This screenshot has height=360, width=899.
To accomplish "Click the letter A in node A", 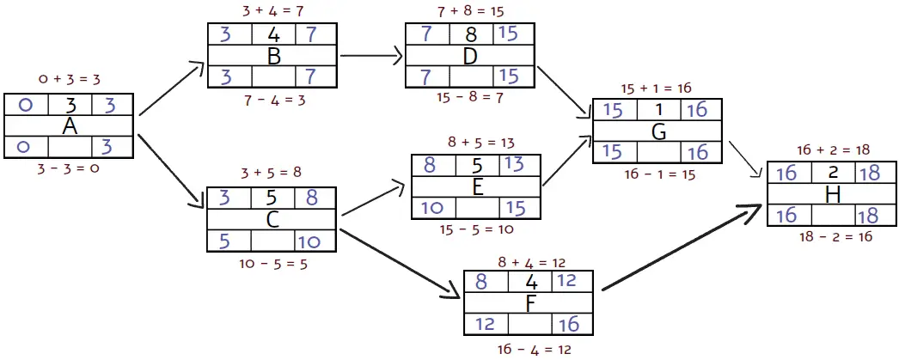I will [x=70, y=126].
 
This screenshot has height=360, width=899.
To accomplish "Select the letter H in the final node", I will [x=832, y=195].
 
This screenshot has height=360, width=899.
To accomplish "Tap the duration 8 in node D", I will [x=469, y=34].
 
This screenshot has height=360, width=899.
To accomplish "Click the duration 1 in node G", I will [x=658, y=110].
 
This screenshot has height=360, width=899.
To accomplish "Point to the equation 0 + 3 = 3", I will [x=70, y=79].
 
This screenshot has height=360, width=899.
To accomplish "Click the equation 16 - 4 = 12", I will [x=533, y=349].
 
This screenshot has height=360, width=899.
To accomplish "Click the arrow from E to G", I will [x=566, y=160].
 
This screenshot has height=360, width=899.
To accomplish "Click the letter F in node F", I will [x=529, y=302].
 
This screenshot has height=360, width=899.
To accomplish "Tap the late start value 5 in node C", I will [x=224, y=242].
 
